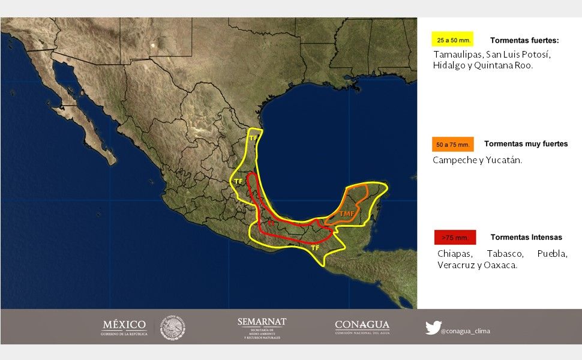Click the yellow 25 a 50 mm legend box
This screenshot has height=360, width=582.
coord(452,40)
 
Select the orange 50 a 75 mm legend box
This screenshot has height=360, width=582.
coord(452,145)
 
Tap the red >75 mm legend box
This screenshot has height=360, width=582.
coord(455,238)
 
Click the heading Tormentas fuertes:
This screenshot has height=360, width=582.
coord(524,40)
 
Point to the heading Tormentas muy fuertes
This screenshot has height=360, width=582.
coord(526,144)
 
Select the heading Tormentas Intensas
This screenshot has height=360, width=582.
coord(526,237)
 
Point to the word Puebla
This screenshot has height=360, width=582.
coord(552,254)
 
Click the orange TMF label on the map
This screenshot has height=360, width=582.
coord(346,213)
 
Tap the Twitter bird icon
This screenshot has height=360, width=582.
coord(433,328)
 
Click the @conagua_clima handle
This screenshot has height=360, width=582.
coord(465,331)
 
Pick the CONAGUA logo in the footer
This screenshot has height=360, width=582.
coord(362,327)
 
